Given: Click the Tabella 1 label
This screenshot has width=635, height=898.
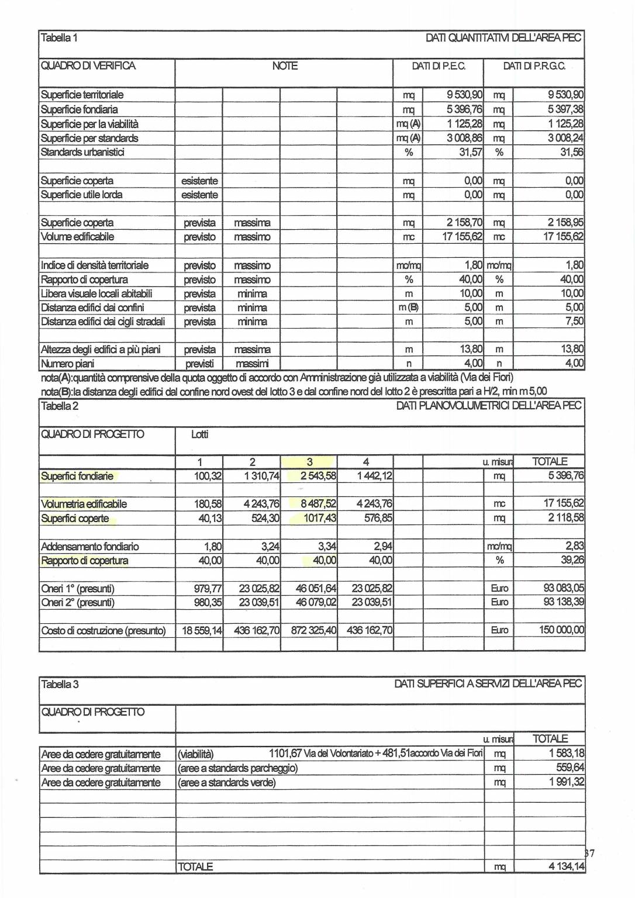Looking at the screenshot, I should coord(59,38).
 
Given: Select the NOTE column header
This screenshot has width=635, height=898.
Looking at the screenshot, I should coord(285,66).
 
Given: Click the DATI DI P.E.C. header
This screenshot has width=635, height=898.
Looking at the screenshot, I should coord(439,66).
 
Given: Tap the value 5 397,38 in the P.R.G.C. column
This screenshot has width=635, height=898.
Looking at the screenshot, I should coord(565,109).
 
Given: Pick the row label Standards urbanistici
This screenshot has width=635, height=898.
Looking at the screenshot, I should coord(82,152).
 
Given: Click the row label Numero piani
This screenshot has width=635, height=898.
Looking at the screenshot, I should coord(67,364).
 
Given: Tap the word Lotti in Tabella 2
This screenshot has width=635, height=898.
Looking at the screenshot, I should coord(199,434).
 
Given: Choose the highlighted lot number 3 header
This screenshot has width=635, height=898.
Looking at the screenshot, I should coord(310,462).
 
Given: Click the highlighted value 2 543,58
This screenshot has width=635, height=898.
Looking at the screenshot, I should coord(319,476).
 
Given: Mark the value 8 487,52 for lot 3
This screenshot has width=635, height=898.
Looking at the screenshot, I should coord(319,504).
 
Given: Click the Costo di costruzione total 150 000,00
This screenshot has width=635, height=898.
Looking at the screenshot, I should coord(561,630).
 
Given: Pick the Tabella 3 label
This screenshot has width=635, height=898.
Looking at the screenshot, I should coord(60,684).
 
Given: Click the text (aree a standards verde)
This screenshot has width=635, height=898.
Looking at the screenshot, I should coord(227,782).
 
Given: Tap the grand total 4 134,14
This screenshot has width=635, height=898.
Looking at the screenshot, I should coord(566,866).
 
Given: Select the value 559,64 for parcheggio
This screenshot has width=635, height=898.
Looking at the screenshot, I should coord(570,768).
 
